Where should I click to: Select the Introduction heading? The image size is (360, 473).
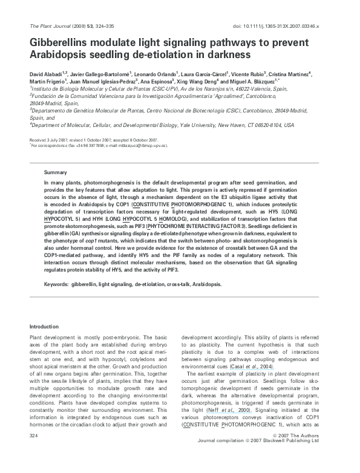(x=45, y=327)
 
